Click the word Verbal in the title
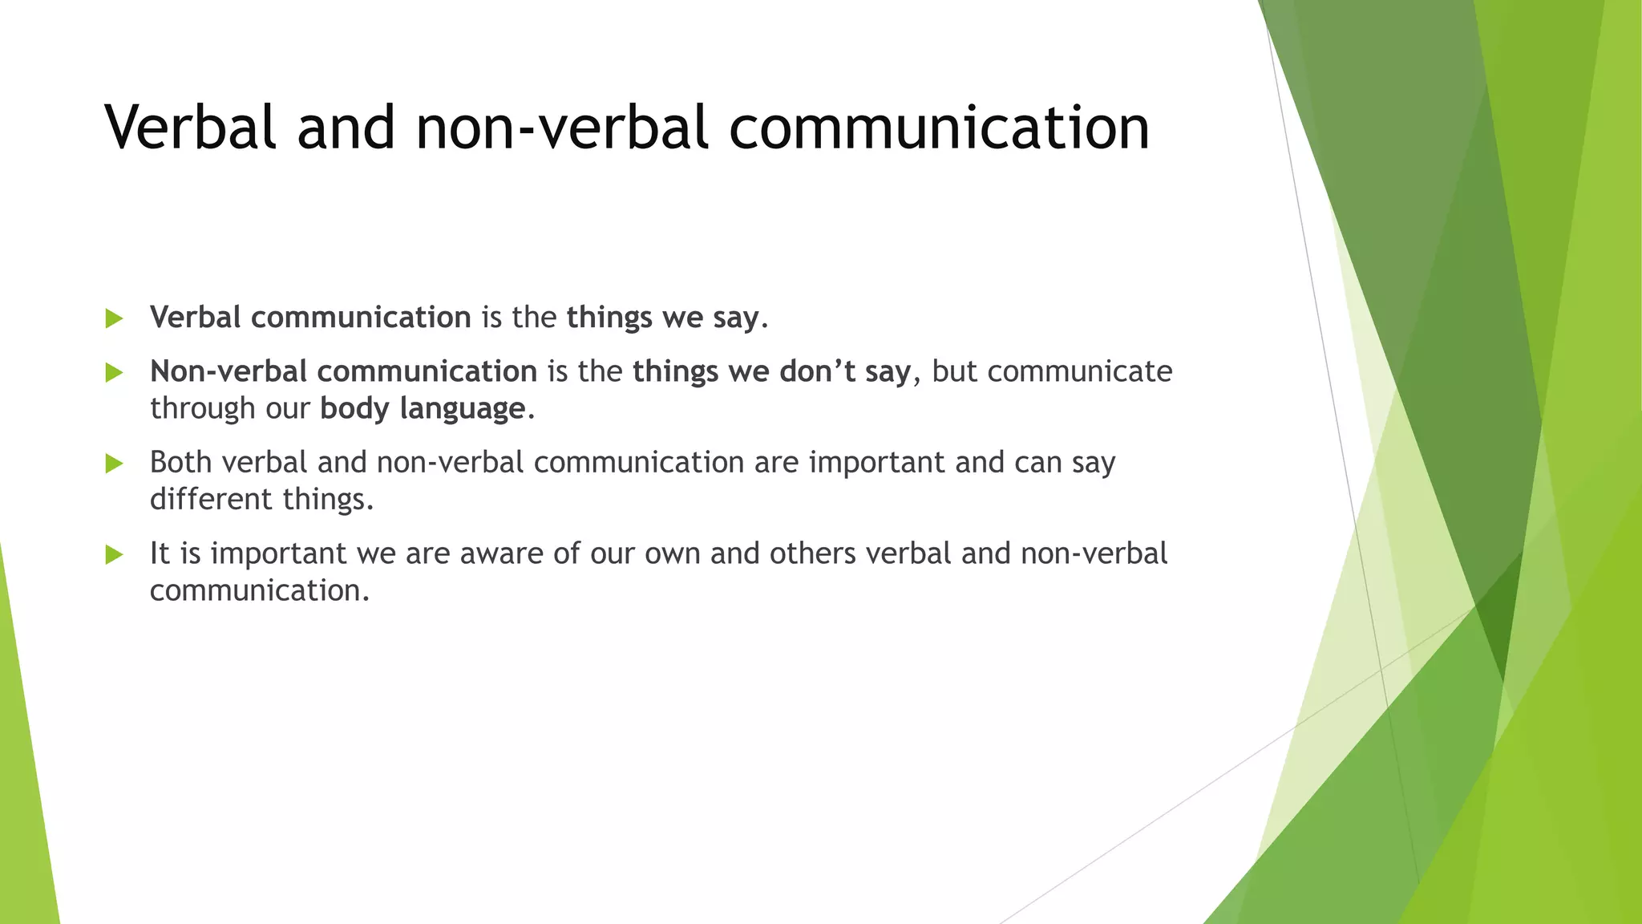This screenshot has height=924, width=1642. tap(190, 128)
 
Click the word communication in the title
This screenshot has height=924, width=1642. tap(939, 128)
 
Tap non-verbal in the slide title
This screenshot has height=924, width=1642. tap(562, 128)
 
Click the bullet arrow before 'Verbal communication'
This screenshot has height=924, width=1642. tap(114, 318)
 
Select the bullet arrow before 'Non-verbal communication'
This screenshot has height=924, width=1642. tap(114, 372)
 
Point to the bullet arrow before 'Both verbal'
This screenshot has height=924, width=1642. tap(114, 463)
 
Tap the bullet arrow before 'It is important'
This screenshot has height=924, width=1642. tap(114, 554)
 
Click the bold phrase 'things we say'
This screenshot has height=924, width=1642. tap(662, 318)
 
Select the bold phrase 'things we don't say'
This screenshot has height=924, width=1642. tap(771, 371)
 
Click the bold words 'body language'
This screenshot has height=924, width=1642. tap(423, 409)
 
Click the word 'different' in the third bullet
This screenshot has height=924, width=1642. tap(211, 500)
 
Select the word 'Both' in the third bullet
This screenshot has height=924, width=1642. tap(180, 463)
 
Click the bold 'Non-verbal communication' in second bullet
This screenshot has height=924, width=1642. tap(343, 371)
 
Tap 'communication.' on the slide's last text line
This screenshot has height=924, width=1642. tap(260, 591)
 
